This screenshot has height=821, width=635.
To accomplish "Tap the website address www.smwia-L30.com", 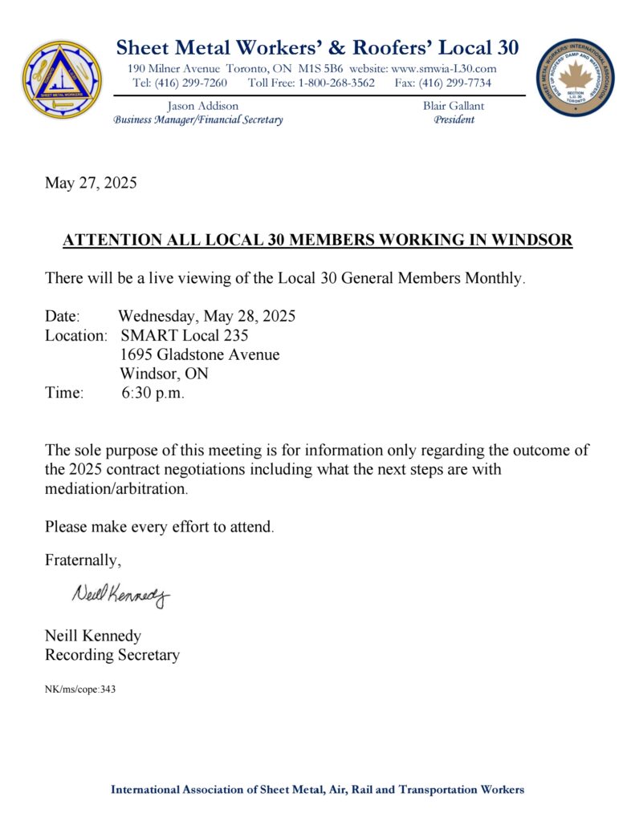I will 444,69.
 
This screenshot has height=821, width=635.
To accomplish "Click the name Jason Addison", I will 202,106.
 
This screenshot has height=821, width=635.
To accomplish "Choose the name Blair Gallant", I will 454,106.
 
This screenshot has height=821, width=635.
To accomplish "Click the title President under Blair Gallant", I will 454,120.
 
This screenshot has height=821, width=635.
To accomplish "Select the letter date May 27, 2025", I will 91,183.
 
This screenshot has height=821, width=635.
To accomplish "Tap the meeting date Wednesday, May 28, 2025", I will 206,316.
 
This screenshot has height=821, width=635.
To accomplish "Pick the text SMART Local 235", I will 184,335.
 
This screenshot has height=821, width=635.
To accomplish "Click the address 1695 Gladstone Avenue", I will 200,354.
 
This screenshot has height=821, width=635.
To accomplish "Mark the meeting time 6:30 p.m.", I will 153,393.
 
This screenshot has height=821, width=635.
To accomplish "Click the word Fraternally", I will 83,560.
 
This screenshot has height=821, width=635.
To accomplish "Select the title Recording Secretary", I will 112,655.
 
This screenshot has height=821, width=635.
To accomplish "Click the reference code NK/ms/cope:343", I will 80,689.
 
